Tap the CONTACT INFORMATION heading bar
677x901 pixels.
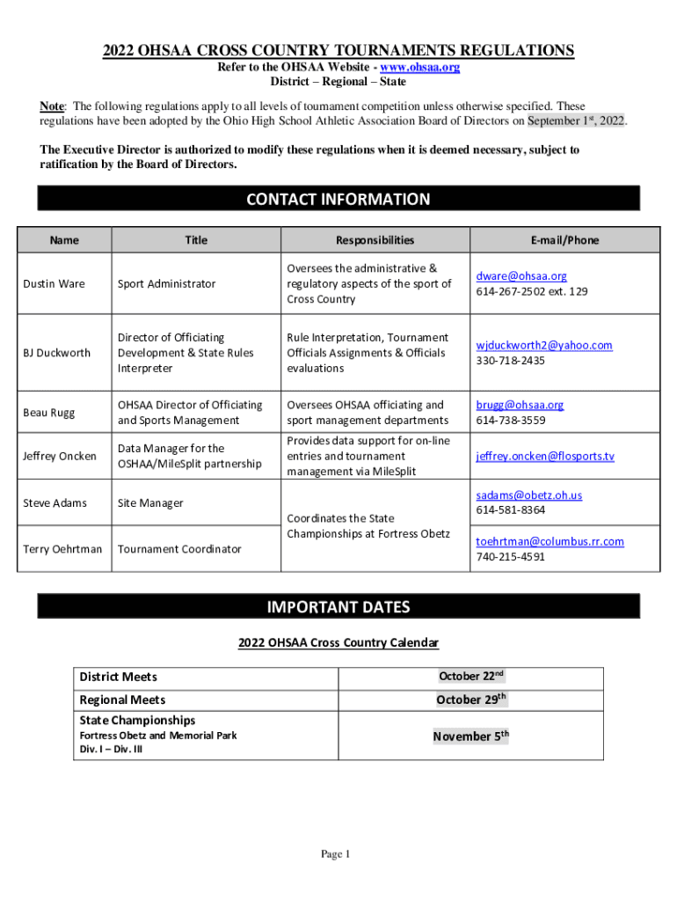(x=338, y=199)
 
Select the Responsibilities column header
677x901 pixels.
(x=375, y=239)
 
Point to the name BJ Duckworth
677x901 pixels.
(x=56, y=353)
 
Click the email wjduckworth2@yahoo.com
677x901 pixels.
(x=544, y=345)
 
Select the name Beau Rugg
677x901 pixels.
(x=49, y=413)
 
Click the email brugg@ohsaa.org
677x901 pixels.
(x=520, y=405)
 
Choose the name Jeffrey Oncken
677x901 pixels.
(x=60, y=456)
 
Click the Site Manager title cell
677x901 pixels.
(x=150, y=503)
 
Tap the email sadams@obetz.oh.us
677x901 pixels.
(x=529, y=494)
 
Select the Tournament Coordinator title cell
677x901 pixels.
(x=179, y=549)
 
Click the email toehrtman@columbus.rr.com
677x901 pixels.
(x=550, y=541)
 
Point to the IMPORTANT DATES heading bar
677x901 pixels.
(x=338, y=607)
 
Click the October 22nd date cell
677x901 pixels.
(x=470, y=677)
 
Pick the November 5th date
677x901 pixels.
(x=470, y=736)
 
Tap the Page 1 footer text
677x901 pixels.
(x=336, y=854)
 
